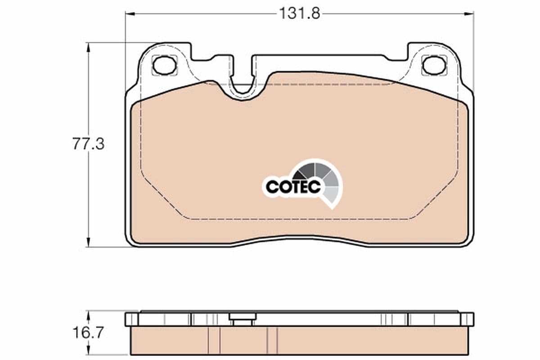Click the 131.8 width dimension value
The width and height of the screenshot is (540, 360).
pos(299,13)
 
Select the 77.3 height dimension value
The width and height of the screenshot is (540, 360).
pos(88,144)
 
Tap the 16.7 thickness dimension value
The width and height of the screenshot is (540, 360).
pos(88,333)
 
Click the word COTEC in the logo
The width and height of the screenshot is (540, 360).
pos(293,186)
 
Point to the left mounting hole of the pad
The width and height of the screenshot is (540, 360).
pos(164,65)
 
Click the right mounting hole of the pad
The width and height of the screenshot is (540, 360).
pos(434,65)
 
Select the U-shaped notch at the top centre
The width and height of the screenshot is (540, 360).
pos(243,85)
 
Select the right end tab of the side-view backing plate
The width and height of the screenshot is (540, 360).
pos(467,319)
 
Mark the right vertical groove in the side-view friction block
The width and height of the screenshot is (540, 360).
pos(272,340)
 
